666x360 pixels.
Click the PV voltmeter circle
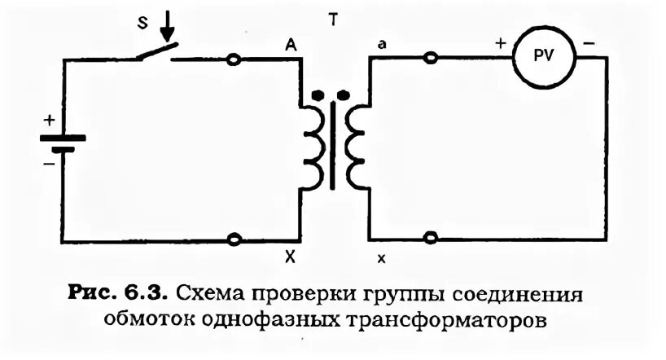coord(542,57)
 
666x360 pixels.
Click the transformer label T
coord(333,20)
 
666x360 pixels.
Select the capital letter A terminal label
coord(290,45)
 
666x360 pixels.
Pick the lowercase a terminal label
coord(381,45)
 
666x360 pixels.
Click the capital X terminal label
coord(290,257)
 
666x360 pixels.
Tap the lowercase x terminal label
coord(381,258)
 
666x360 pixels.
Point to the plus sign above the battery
coord(50,121)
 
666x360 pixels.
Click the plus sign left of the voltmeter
coord(500,42)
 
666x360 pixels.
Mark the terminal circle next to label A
coord(234,59)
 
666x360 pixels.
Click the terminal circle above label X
coord(234,239)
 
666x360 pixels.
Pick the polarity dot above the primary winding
coord(318,94)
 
